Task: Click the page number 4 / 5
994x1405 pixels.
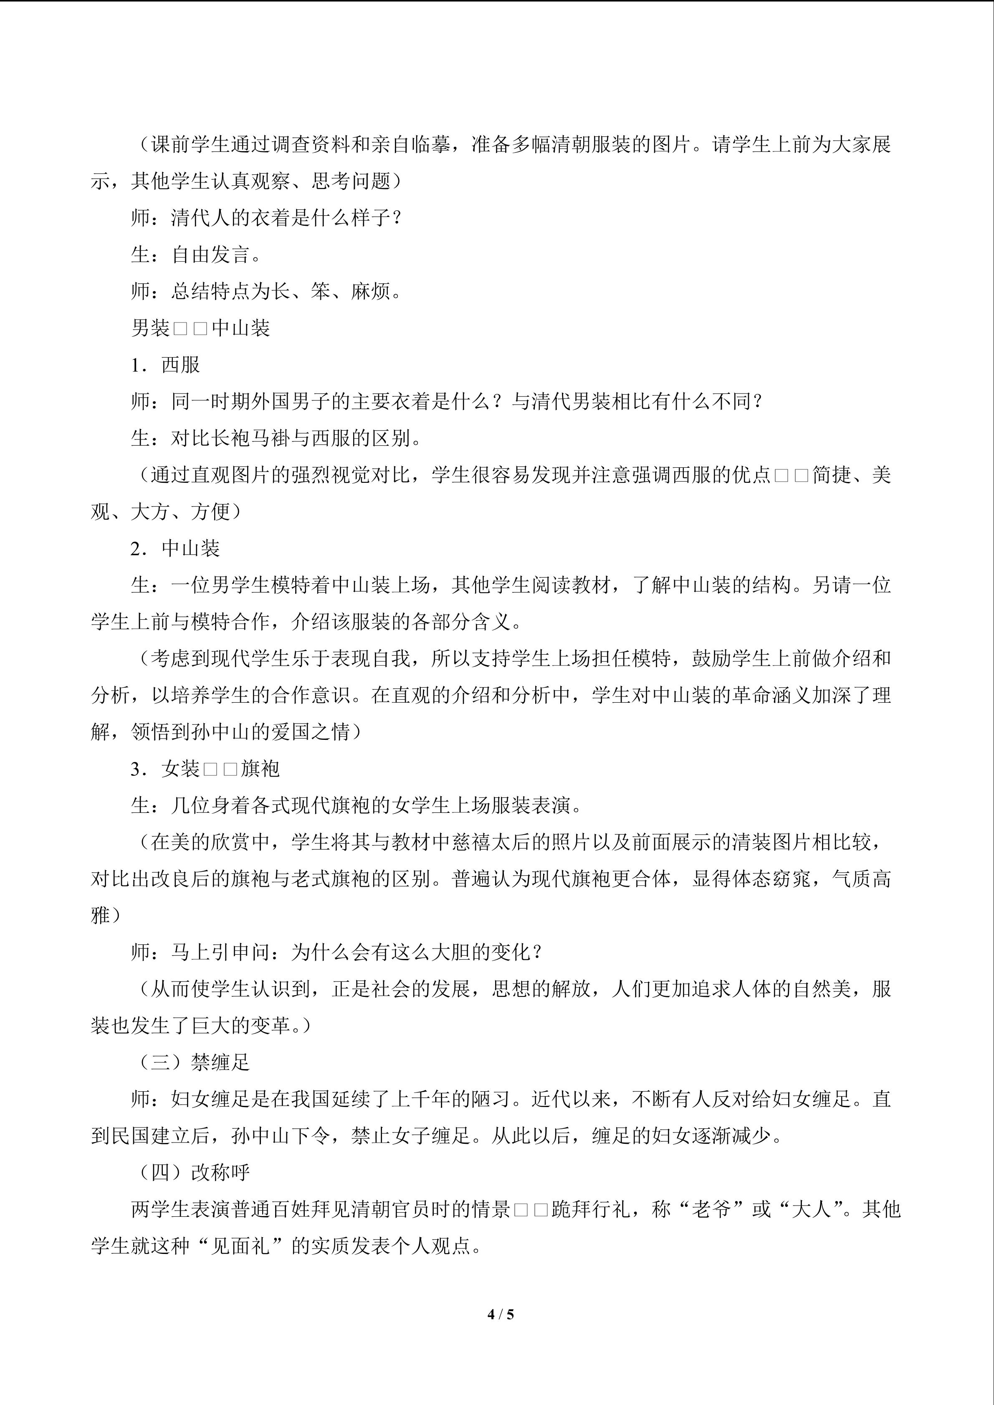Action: click(500, 1314)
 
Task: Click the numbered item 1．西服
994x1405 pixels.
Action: click(165, 365)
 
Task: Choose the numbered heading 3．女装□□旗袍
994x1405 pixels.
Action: click(205, 769)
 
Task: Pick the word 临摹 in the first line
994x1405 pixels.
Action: click(430, 144)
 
